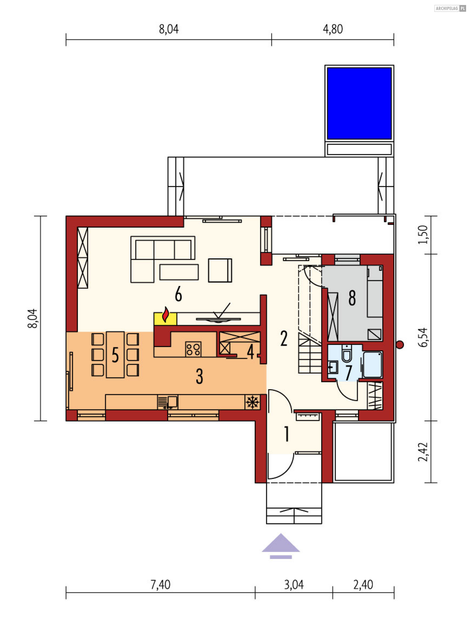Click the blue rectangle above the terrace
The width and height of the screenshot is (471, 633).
coord(359,103)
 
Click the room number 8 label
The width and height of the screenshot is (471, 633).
coord(352,298)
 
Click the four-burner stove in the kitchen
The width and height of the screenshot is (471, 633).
coord(193,349)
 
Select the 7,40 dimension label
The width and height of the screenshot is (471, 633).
coord(160,584)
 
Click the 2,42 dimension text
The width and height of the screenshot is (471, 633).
coord(423,452)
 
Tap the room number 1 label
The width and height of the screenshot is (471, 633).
coord(287,434)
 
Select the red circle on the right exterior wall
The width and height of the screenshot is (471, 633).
coord(400,345)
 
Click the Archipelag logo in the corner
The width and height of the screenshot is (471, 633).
coord(450,9)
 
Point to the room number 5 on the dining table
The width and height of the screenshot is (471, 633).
coord(115,355)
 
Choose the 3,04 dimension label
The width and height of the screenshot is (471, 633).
coord(294,584)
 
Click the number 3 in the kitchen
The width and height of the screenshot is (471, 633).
coord(200,376)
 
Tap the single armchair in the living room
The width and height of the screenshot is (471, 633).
coord(220,270)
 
